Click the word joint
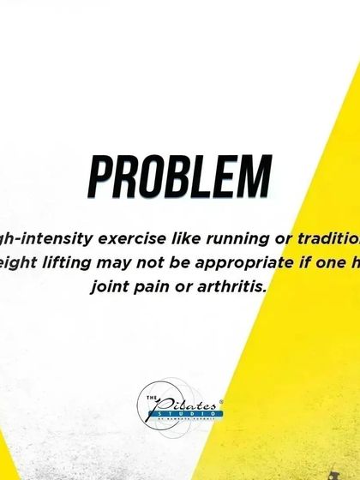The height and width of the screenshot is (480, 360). [x=112, y=285]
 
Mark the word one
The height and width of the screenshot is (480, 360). [x=325, y=261]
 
